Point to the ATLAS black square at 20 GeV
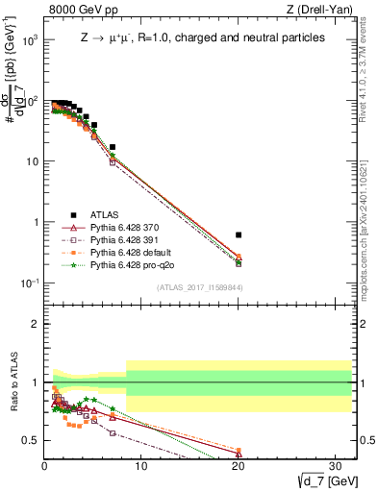pos(239,234)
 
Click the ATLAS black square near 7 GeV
pos(113,147)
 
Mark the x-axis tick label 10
pos(141,465)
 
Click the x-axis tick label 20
pos(239,465)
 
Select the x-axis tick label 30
pos(336,465)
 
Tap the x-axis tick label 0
pos(44,465)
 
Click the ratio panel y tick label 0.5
pos(31,440)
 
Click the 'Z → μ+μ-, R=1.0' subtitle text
pos(202,37)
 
